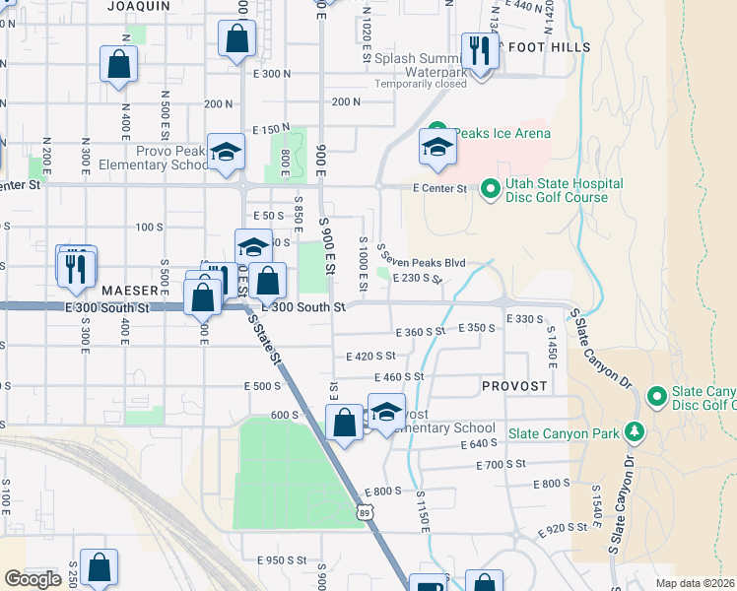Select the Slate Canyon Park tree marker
(x=635, y=431)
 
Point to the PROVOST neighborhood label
(x=514, y=386)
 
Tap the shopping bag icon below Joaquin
(x=236, y=41)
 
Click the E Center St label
(x=438, y=187)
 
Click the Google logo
(x=33, y=579)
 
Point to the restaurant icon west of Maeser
(x=77, y=266)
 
